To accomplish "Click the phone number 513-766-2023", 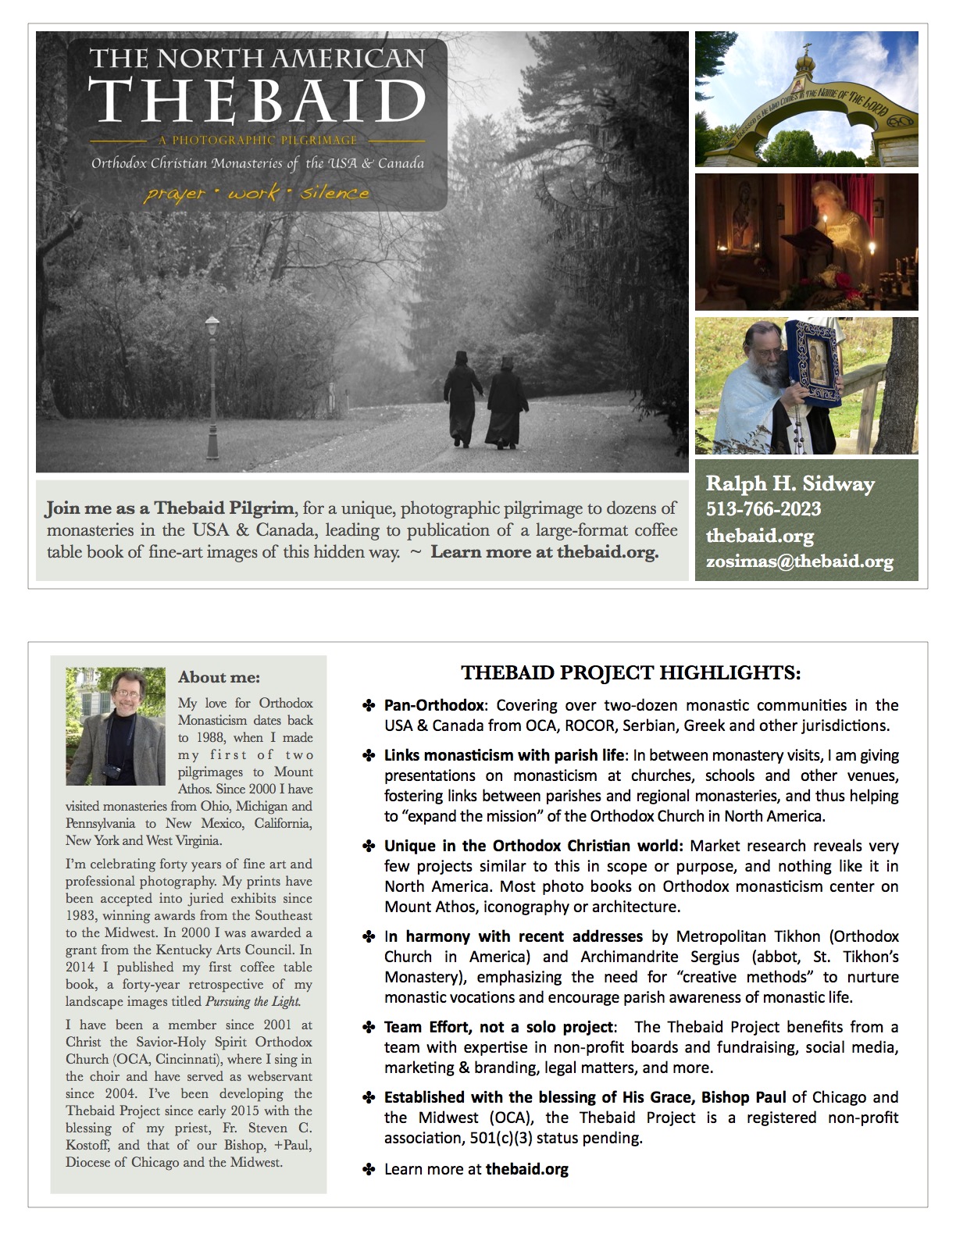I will pyautogui.click(x=763, y=509).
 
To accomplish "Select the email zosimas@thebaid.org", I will pyautogui.click(x=800, y=561).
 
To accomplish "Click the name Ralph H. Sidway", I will pyautogui.click(x=790, y=483).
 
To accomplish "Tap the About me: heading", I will pyautogui.click(x=219, y=677).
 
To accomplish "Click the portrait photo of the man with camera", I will pyautogui.click(x=116, y=725).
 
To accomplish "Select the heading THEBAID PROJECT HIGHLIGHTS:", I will pyautogui.click(x=630, y=672).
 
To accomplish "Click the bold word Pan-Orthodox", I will pyautogui.click(x=433, y=705).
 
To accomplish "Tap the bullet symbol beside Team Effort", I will pyautogui.click(x=369, y=1028).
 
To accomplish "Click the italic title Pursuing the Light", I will pyautogui.click(x=252, y=1001).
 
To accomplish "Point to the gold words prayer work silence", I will pyautogui.click(x=256, y=193).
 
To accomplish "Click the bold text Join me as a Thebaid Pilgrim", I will pyautogui.click(x=169, y=508).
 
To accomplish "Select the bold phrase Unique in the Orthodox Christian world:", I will pyautogui.click(x=533, y=846).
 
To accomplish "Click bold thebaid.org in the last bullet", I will pyautogui.click(x=526, y=1169).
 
